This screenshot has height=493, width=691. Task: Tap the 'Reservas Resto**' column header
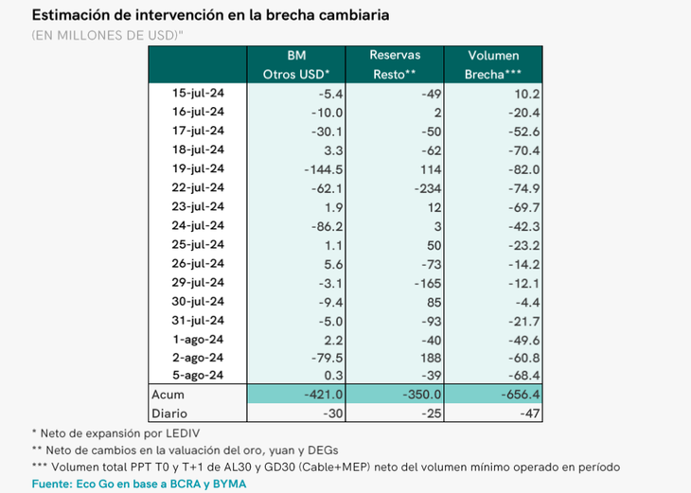[395, 64]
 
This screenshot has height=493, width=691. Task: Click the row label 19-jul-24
[198, 169]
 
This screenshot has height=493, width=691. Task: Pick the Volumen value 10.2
[523, 94]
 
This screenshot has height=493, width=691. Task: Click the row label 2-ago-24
[198, 358]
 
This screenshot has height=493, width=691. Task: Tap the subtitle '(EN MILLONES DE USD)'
[107, 36]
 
